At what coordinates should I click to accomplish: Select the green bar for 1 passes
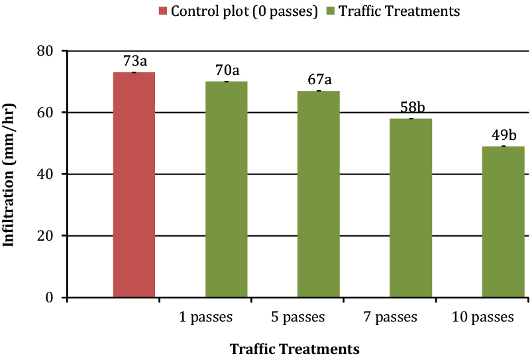pyautogui.click(x=226, y=189)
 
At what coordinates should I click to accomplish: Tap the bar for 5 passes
pyautogui.click(x=318, y=194)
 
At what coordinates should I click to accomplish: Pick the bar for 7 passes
pyautogui.click(x=410, y=208)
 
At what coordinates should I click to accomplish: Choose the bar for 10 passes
pyautogui.click(x=502, y=221)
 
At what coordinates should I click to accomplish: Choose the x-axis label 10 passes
pyautogui.click(x=483, y=317)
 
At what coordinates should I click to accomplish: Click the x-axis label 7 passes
pyautogui.click(x=391, y=317)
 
